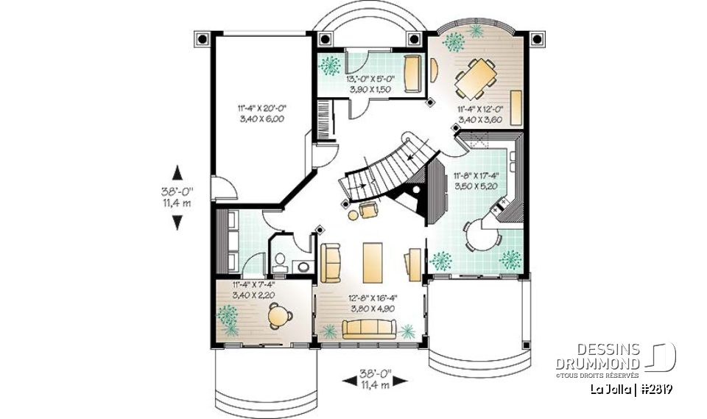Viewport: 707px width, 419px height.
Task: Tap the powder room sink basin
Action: pyautogui.click(x=302, y=264)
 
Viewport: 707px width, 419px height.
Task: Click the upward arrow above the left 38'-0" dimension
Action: pyautogui.click(x=177, y=172)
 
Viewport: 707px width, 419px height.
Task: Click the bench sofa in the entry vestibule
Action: pyautogui.click(x=414, y=71)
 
